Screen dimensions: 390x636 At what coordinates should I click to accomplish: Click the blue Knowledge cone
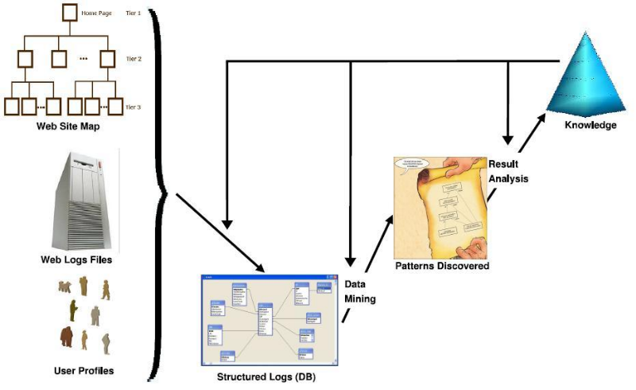click(x=588, y=72)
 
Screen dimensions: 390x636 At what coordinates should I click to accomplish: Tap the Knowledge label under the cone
click(x=590, y=125)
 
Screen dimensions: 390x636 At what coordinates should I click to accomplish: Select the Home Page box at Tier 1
click(x=69, y=12)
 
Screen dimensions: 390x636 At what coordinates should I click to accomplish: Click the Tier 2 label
click(x=133, y=58)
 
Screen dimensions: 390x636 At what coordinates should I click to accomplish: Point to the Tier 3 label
click(x=133, y=106)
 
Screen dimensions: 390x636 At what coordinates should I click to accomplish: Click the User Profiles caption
click(x=83, y=370)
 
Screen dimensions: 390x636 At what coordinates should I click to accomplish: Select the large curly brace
click(x=160, y=191)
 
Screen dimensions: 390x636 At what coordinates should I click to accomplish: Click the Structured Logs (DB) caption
click(x=264, y=374)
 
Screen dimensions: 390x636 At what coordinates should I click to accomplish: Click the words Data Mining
click(x=359, y=291)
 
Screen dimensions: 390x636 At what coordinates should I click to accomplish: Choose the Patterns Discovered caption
click(x=442, y=266)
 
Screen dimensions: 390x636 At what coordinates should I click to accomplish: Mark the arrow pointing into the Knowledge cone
click(x=529, y=131)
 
